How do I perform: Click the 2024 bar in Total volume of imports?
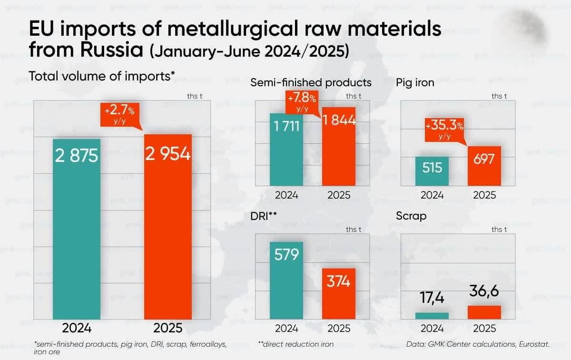pyautogui.click(x=77, y=229)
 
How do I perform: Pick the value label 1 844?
pyautogui.click(x=339, y=121)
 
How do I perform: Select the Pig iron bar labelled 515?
pyautogui.click(x=432, y=171)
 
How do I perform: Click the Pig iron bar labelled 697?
pyautogui.click(x=484, y=166)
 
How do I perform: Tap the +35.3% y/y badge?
pyautogui.click(x=444, y=130)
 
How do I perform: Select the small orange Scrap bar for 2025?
pyautogui.click(x=484, y=312)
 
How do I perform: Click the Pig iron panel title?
pyautogui.click(x=415, y=82)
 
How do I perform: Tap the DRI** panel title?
pyautogui.click(x=264, y=216)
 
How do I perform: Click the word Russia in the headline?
pyautogui.click(x=114, y=49)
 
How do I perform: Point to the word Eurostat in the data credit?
pyautogui.click(x=533, y=343)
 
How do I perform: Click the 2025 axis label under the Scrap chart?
pyautogui.click(x=484, y=329)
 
